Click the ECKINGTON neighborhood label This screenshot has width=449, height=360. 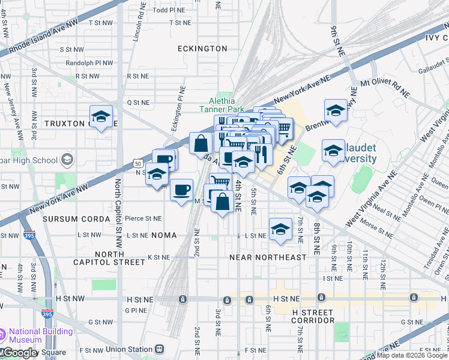(x=202, y=48)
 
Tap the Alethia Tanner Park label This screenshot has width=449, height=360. (x=222, y=105)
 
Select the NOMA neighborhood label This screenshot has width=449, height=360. (x=164, y=235)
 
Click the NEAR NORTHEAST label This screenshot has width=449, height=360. (x=268, y=257)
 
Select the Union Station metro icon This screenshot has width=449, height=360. (x=160, y=349)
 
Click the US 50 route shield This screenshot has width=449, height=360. (x=138, y=163)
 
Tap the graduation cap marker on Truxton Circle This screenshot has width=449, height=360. (x=101, y=117)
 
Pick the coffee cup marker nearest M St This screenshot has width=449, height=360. (x=180, y=190)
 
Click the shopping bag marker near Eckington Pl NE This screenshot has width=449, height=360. (x=200, y=144)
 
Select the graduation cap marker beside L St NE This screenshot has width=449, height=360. (x=280, y=229)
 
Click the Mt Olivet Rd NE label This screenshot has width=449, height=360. (x=384, y=82)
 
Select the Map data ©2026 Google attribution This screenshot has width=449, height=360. (x=412, y=355)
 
